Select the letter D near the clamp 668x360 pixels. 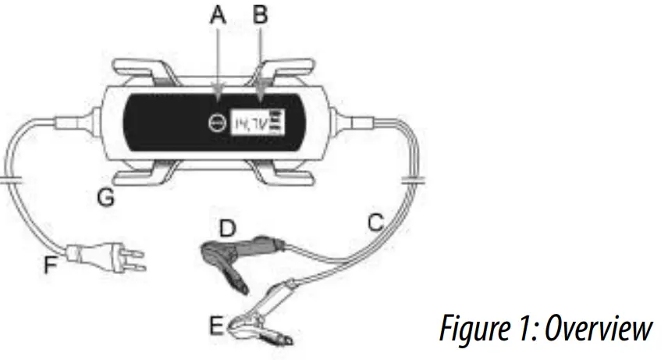point(226,229)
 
